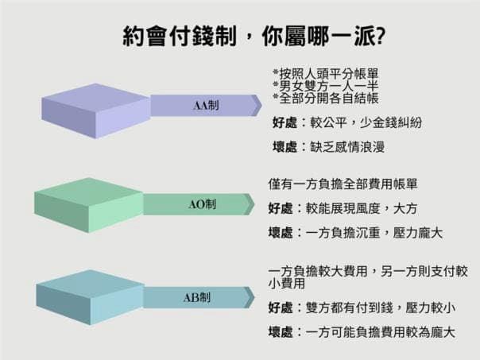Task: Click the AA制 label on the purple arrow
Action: click(x=206, y=106)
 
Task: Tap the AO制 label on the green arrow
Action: click(x=202, y=204)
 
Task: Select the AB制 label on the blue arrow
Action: click(x=197, y=297)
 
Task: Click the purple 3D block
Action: click(x=96, y=111)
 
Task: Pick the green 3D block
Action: click(x=89, y=205)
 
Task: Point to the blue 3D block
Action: click(x=90, y=297)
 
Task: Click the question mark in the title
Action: click(x=380, y=36)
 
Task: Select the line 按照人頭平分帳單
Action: click(x=326, y=74)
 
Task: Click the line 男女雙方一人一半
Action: click(x=326, y=86)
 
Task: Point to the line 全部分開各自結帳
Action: click(x=326, y=98)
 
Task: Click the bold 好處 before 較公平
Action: click(x=285, y=122)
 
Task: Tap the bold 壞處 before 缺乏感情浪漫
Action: click(x=285, y=147)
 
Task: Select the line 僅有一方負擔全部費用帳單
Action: click(x=343, y=184)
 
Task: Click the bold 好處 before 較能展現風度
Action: click(x=281, y=208)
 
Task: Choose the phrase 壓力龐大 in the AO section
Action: click(x=418, y=234)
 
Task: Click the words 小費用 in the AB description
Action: click(x=287, y=284)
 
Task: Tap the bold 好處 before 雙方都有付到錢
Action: click(x=281, y=308)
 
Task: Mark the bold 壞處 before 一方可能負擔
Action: click(x=281, y=332)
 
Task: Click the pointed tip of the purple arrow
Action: click(x=261, y=106)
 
